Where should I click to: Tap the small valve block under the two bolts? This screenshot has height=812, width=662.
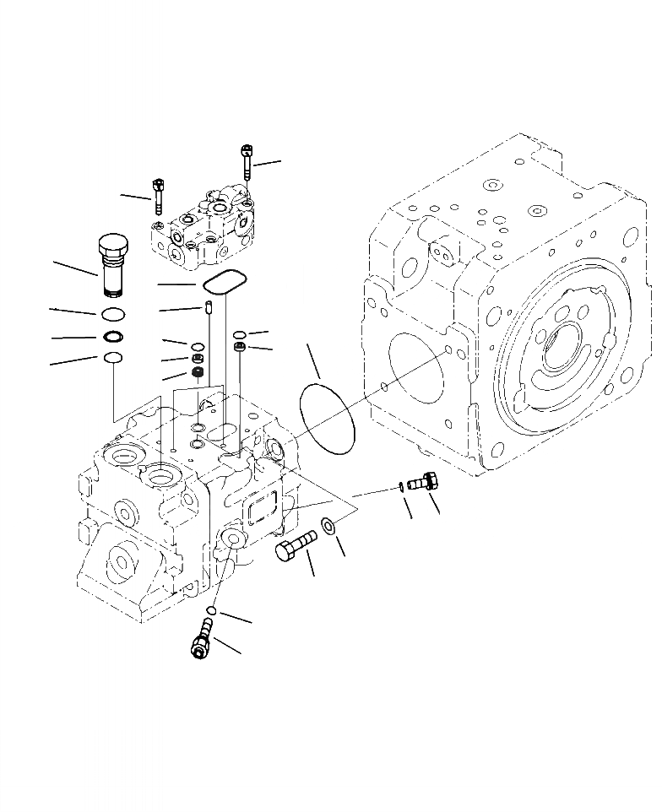coord(203,230)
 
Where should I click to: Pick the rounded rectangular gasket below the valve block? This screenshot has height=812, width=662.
coord(223,282)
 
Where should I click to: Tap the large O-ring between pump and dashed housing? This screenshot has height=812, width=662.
coord(328,417)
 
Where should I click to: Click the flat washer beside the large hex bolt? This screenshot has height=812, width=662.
coord(328,529)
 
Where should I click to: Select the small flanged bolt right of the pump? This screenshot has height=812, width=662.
coord(421,482)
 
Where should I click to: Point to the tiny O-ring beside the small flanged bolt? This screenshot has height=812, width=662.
coord(399,485)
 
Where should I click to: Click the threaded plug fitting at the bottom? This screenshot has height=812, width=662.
coord(202,639)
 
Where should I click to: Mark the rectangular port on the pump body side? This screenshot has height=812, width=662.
coord(264,514)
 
